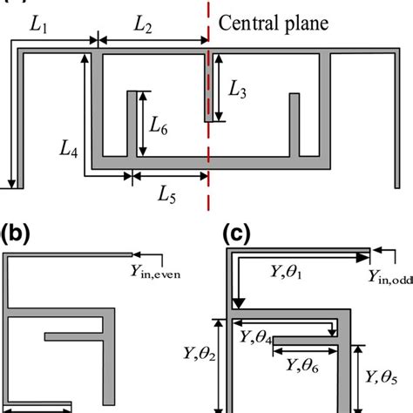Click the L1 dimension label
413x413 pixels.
[38, 26]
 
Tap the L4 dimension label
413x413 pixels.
[69, 153]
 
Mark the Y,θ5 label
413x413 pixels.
[383, 377]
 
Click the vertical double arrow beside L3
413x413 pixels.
[219, 87]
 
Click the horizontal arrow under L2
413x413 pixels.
[152, 39]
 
